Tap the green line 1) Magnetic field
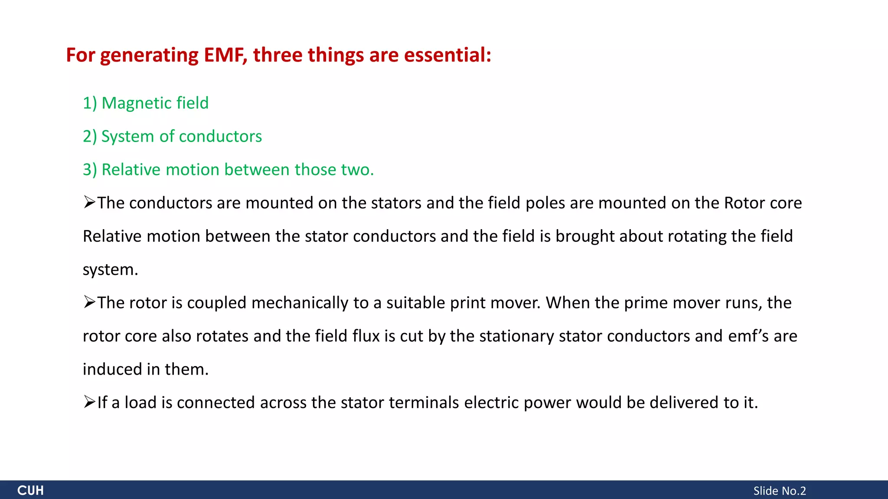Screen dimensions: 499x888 tap(146, 103)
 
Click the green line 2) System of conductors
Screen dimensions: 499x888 tap(172, 136)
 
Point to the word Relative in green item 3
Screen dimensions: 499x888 tap(131, 170)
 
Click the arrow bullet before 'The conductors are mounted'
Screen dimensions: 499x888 tap(89, 202)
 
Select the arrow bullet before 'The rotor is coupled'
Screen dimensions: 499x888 tap(89, 302)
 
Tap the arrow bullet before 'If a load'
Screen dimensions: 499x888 tap(89, 402)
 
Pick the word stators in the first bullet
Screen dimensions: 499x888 tap(396, 203)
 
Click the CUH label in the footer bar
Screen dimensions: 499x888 tap(30, 490)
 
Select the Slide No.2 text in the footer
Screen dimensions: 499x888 tap(779, 491)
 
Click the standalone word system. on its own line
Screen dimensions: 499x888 tap(110, 270)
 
